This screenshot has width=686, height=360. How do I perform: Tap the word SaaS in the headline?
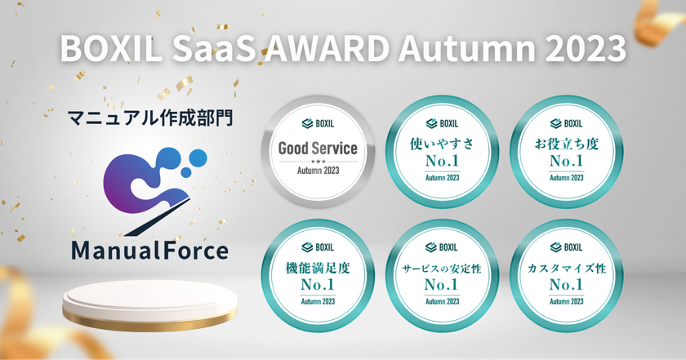point(213,47)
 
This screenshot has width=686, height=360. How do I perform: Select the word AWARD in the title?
point(326,47)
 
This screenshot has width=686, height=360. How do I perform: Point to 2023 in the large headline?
point(586,47)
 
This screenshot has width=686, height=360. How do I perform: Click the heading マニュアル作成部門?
point(150,118)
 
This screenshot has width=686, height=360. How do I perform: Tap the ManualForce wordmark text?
point(149,251)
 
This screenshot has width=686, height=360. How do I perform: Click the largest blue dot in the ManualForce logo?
point(198,158)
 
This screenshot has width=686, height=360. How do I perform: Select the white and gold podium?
point(149,305)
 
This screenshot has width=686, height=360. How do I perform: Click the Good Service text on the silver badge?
point(318,149)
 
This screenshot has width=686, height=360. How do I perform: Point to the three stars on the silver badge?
point(318,162)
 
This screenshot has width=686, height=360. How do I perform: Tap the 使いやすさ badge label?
point(442,144)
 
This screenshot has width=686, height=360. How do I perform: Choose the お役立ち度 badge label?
point(567,144)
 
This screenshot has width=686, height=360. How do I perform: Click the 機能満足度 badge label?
point(318,268)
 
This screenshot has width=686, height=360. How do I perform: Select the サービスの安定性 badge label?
point(442,268)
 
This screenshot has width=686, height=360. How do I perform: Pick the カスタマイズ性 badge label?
point(567,268)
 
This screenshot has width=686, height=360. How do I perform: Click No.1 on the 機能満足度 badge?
point(318,285)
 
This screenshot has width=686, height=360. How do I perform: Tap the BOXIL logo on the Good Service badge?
point(318,124)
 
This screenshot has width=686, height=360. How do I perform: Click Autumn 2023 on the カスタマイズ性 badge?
point(567,301)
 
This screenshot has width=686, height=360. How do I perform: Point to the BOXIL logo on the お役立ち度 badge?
point(567,124)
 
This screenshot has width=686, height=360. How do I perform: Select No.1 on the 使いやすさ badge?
point(442,161)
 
